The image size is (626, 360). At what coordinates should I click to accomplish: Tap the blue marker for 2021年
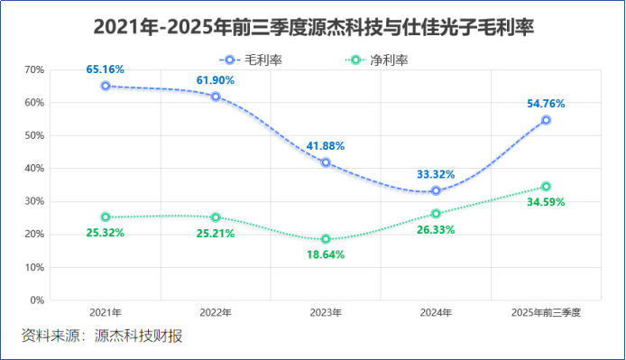pyautogui.click(x=106, y=86)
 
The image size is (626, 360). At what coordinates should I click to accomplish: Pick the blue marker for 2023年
pyautogui.click(x=326, y=163)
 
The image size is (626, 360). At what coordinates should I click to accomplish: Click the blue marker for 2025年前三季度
pyautogui.click(x=546, y=120)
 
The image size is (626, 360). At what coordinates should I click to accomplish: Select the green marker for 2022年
pyautogui.click(x=216, y=217)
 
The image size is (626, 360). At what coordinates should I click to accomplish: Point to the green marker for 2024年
pyautogui.click(x=436, y=214)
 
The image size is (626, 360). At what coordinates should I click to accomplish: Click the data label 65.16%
pyautogui.click(x=106, y=69)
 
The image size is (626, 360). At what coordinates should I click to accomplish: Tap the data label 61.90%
pyautogui.click(x=216, y=80)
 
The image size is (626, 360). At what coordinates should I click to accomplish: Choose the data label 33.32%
pyautogui.click(x=436, y=174)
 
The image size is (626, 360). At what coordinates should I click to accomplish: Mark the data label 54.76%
pyautogui.click(x=546, y=104)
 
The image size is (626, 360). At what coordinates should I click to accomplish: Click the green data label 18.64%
pyautogui.click(x=326, y=255)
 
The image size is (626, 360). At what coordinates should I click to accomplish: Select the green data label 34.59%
pyautogui.click(x=546, y=202)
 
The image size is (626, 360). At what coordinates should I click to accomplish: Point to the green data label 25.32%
pyautogui.click(x=106, y=233)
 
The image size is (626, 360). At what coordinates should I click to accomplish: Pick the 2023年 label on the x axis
pyautogui.click(x=326, y=312)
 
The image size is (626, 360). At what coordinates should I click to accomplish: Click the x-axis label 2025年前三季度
pyautogui.click(x=546, y=312)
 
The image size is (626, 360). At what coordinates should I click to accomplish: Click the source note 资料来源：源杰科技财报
pyautogui.click(x=102, y=337)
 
